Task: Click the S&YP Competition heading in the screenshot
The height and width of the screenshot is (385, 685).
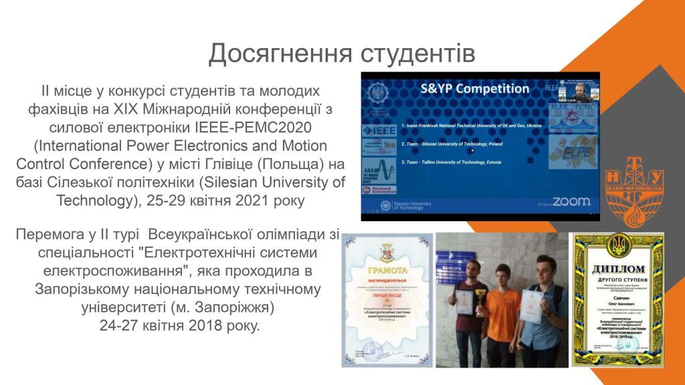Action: click(x=474, y=88)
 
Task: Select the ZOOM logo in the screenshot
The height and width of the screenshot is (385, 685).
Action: click(x=571, y=201)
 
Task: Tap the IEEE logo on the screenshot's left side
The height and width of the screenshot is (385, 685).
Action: click(x=379, y=128)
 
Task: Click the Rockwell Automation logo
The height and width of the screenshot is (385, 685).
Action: click(x=379, y=190)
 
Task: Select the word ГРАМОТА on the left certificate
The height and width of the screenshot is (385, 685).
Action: click(x=385, y=270)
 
